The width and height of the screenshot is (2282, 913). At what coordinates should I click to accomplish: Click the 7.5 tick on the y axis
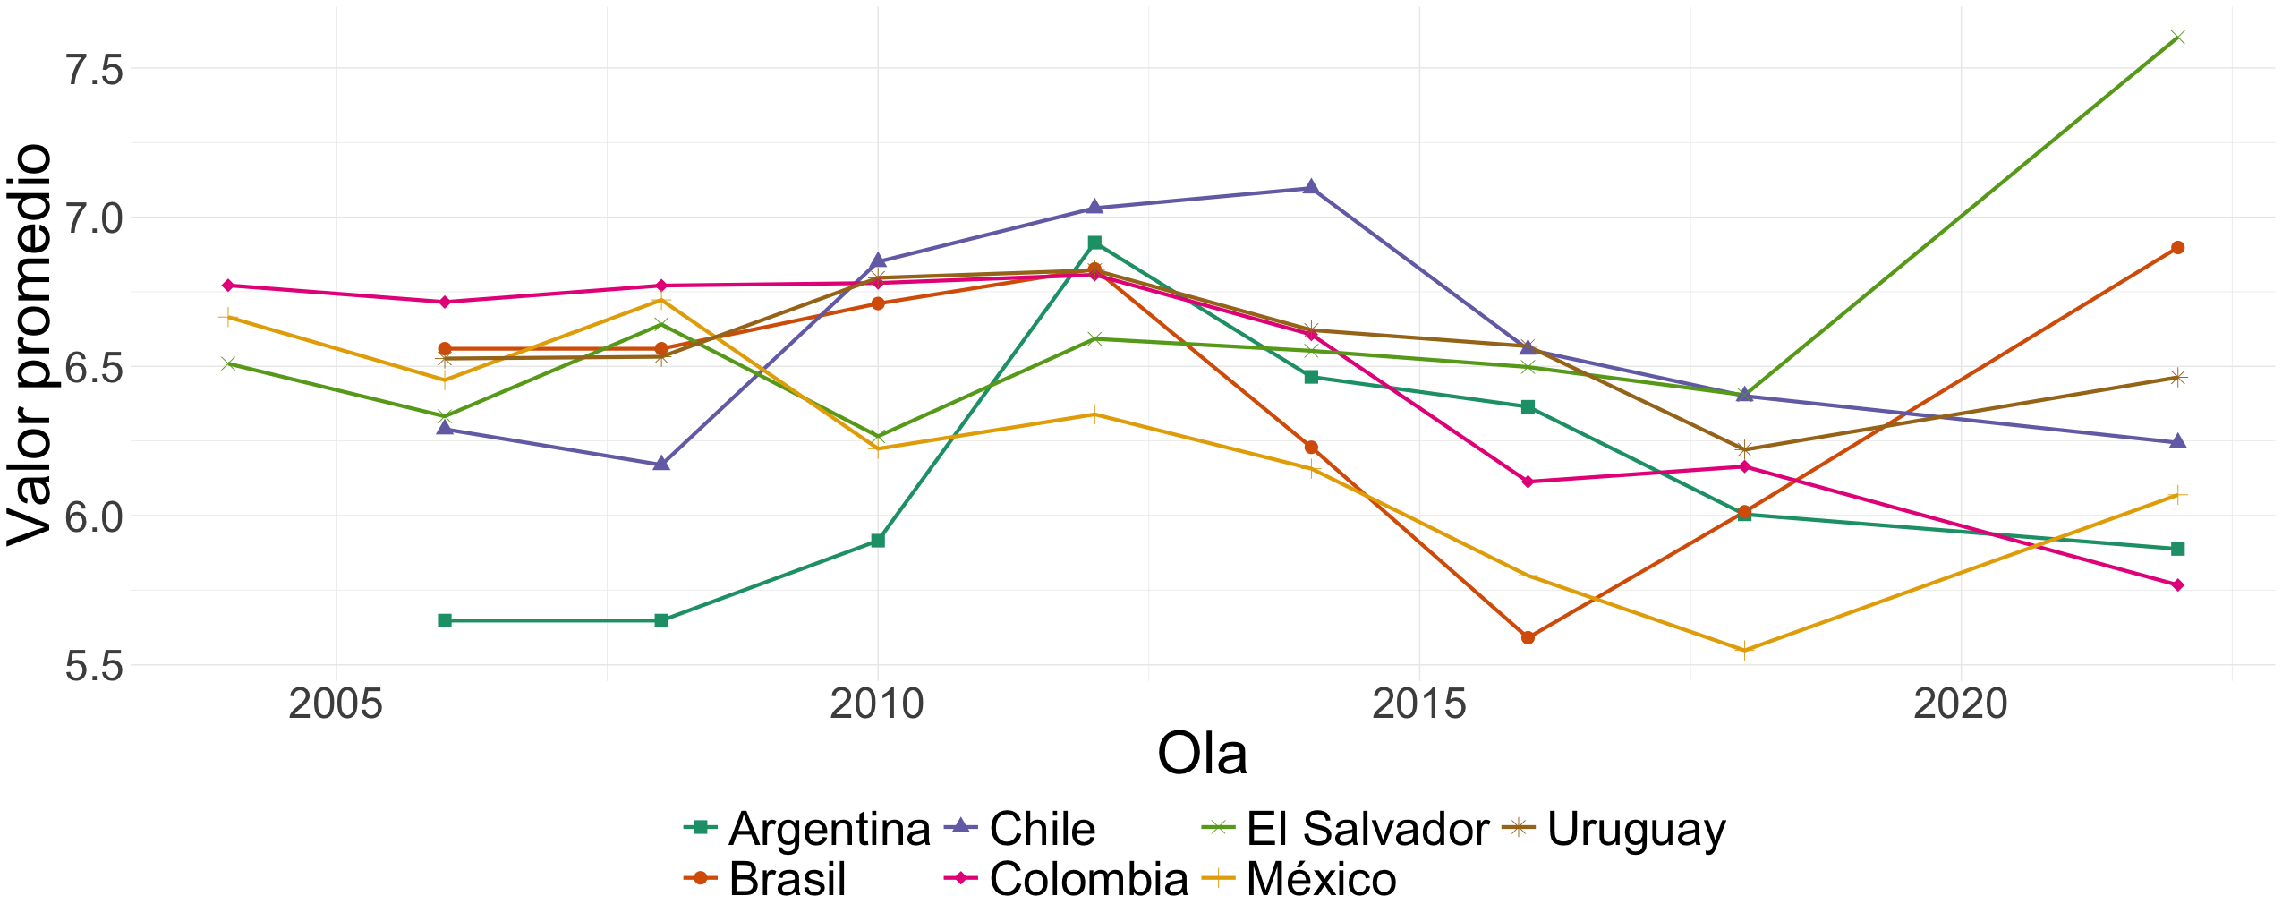coord(94,69)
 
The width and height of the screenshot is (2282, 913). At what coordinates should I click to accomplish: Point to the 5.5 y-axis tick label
coord(94,667)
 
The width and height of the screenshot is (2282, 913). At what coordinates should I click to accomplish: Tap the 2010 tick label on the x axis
coord(876,705)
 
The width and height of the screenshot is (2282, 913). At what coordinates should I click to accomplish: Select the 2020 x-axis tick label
coord(1960,705)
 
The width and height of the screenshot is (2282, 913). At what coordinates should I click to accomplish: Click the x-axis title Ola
coord(1202,755)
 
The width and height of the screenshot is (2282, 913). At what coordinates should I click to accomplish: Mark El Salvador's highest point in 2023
coord(2177,38)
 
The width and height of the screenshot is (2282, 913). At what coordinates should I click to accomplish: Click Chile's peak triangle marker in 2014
coord(1310,187)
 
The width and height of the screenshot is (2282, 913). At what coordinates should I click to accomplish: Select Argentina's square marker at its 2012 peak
coord(1094,243)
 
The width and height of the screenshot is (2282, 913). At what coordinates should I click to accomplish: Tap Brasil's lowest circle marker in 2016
coord(1528,637)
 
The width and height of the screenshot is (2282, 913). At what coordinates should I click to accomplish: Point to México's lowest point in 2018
coord(1743,651)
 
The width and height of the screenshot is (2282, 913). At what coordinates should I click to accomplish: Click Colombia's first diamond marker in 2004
coord(228,286)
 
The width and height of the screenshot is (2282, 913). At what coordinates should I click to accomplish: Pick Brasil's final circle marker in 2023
coord(2177,248)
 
